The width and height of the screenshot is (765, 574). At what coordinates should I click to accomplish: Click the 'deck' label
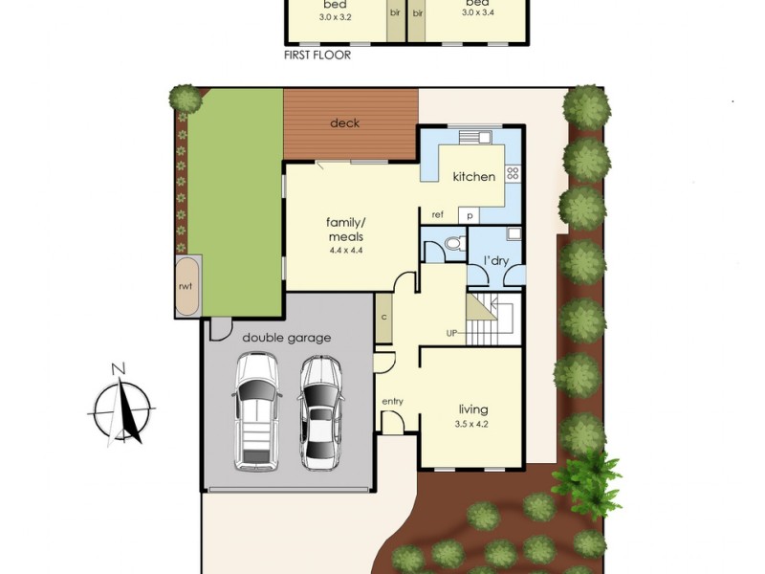344,123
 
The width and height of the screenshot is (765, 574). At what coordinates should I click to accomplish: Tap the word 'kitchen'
473,176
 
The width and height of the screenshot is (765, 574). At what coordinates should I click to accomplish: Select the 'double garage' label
286,338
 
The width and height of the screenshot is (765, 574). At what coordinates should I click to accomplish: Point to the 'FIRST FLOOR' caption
317,55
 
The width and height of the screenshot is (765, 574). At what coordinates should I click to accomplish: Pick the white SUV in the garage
256,412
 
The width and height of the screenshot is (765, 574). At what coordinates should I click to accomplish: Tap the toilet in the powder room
457,242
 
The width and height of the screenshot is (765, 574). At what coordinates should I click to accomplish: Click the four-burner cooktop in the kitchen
513,173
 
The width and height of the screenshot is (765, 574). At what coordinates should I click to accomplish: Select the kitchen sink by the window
474,137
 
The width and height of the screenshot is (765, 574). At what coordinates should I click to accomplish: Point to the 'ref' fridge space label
438,214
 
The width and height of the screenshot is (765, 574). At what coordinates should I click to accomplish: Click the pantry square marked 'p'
470,215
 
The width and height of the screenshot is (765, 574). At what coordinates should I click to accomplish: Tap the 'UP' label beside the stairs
451,333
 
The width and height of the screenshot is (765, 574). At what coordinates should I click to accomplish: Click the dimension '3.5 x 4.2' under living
471,424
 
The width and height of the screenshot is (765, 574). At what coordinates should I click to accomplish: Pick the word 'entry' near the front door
393,401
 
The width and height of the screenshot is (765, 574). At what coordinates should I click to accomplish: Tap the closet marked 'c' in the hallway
384,318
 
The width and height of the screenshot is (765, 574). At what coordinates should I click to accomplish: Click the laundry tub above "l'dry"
514,233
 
